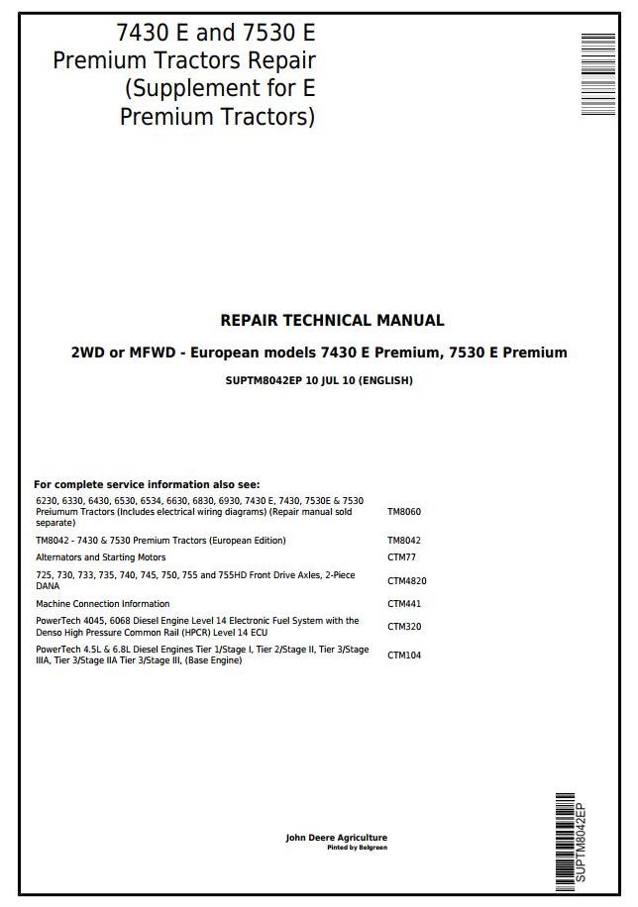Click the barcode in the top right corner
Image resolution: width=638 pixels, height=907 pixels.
tap(597, 60)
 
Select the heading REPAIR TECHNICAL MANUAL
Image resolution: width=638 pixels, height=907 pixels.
tap(332, 321)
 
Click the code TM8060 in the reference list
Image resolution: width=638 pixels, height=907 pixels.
tap(404, 512)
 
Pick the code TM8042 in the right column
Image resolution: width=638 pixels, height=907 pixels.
tap(404, 541)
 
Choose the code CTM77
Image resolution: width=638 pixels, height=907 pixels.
tap(401, 558)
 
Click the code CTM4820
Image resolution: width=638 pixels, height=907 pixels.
tap(407, 581)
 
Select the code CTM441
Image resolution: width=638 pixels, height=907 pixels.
tap(404, 604)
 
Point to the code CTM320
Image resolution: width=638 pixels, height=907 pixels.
tap(404, 627)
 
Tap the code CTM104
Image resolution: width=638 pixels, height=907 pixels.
tap(404, 655)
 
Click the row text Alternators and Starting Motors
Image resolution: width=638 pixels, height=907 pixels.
tap(101, 558)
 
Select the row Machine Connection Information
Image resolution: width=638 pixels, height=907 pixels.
tap(103, 604)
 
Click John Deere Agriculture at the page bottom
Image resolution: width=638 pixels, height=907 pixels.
tap(337, 838)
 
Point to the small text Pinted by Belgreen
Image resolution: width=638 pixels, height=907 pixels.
tap(358, 848)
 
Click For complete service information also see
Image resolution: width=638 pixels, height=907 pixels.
tap(147, 485)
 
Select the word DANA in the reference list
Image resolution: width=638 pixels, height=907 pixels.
tap(48, 586)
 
